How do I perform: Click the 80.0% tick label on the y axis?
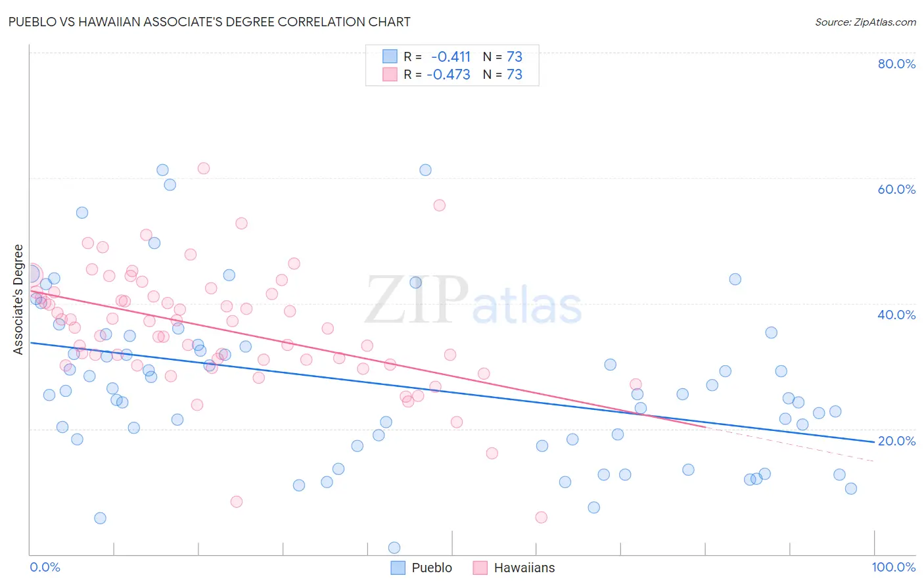[896, 64]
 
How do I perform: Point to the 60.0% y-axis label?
[896, 189]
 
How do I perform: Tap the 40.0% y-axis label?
[896, 315]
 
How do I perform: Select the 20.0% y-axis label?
[896, 441]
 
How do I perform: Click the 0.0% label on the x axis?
[45, 567]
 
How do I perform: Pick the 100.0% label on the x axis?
[893, 567]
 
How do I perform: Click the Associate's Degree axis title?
[18, 300]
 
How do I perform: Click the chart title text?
[210, 22]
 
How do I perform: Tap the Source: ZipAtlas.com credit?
[865, 22]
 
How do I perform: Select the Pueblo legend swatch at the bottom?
[398, 568]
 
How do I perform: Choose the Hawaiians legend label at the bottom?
[524, 568]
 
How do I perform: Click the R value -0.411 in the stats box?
[451, 56]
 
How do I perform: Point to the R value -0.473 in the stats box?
[449, 74]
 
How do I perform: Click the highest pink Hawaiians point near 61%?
[204, 168]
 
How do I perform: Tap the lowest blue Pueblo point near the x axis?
[394, 548]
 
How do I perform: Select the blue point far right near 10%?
[851, 488]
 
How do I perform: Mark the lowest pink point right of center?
[542, 517]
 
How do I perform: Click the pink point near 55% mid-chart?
[440, 205]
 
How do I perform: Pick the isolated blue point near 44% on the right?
[735, 279]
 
